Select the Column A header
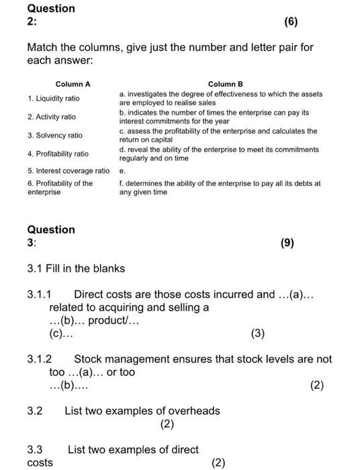(x=73, y=84)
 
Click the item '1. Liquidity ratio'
(x=54, y=98)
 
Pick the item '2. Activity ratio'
(x=52, y=117)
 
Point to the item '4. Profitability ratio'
(x=58, y=154)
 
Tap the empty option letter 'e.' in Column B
(x=122, y=171)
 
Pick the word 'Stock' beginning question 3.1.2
(x=87, y=359)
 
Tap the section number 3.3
(x=35, y=449)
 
